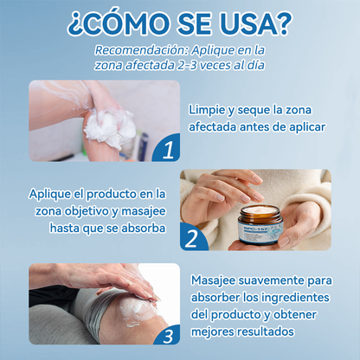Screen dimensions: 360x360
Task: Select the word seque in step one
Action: coord(251,109)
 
